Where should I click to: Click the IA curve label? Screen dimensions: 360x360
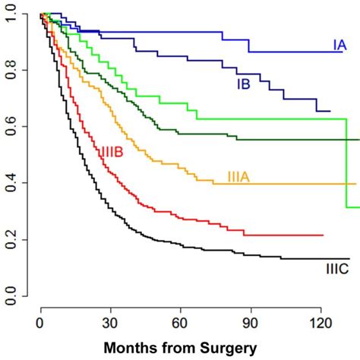339,46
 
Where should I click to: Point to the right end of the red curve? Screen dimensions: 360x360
323,235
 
